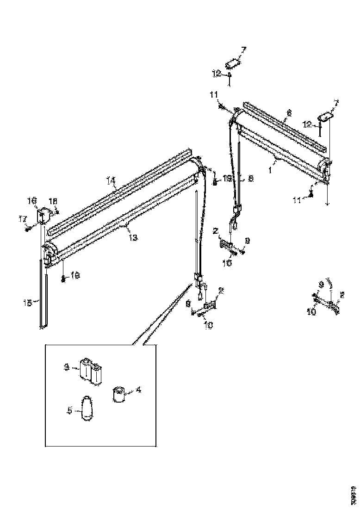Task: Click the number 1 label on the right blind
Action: (x=270, y=169)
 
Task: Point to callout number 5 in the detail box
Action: (x=69, y=410)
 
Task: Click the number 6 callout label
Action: (x=289, y=112)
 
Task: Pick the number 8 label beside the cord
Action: (x=250, y=178)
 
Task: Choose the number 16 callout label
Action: (x=32, y=200)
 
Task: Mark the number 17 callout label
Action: (x=22, y=220)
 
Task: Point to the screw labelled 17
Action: (x=30, y=227)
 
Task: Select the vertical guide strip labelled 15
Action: (x=43, y=296)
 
